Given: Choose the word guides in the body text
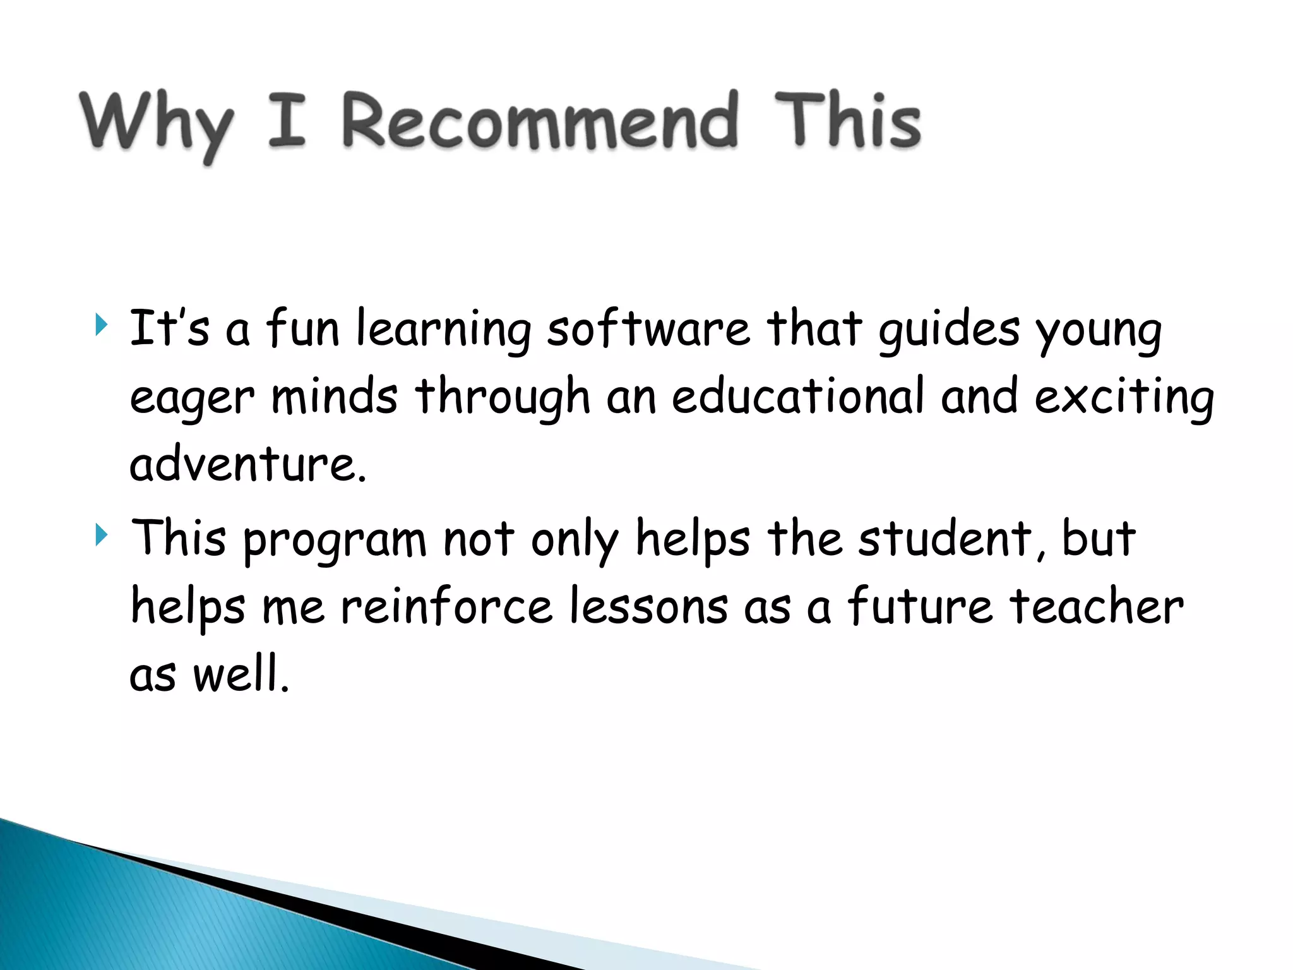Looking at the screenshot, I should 948,330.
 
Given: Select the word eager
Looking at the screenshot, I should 192,399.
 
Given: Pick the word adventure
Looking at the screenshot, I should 247,464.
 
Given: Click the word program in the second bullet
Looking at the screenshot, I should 335,541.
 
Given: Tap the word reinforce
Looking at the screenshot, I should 446,606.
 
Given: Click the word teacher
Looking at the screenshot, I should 1096,606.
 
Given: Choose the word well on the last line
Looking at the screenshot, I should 241,673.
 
